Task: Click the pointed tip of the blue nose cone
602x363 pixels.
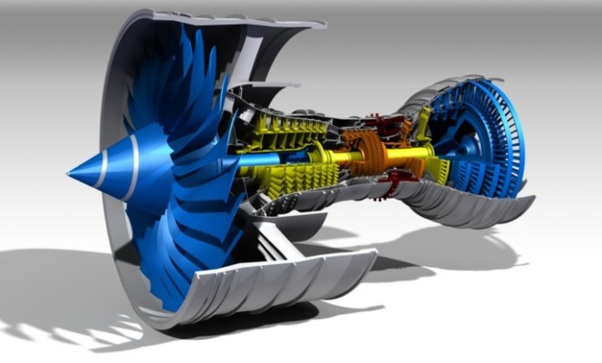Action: click(x=70, y=171)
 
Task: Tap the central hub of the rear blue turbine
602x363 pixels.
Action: click(x=472, y=146)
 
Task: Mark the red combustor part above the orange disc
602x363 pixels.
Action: click(x=373, y=121)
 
